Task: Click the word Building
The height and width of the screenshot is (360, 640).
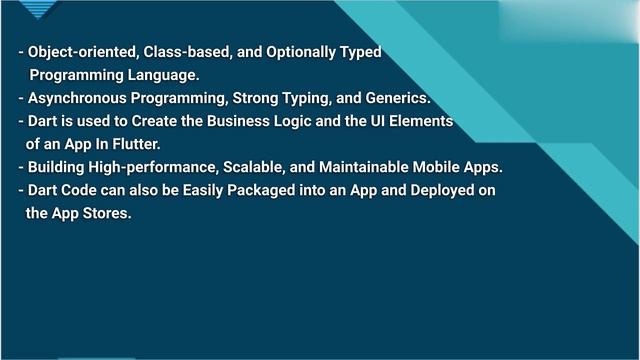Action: pyautogui.click(x=59, y=167)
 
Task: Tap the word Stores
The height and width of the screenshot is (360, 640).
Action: pyautogui.click(x=106, y=213)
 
